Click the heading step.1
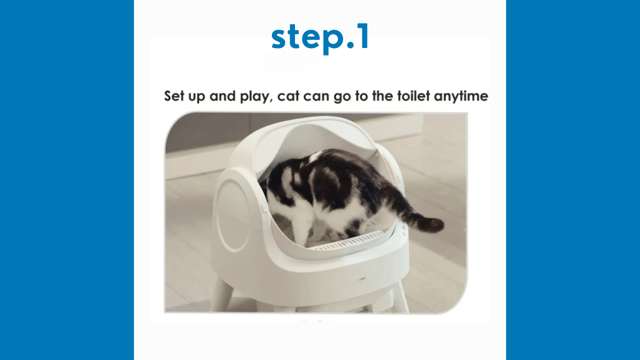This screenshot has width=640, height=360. [320, 38]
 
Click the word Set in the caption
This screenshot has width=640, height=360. [174, 95]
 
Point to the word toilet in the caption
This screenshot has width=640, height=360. [413, 95]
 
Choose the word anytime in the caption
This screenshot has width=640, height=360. [461, 96]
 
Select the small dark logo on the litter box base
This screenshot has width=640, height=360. [362, 278]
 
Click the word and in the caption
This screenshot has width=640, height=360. [222, 95]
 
